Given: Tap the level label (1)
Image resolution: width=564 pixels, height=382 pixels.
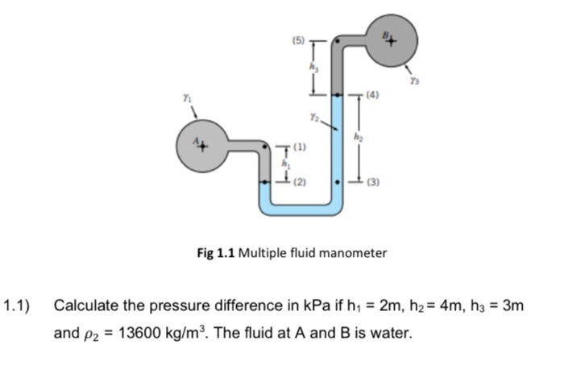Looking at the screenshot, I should tap(300, 147).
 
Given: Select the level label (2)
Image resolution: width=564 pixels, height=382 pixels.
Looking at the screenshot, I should tap(300, 183).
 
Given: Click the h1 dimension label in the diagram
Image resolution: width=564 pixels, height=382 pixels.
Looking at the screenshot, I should tap(284, 164).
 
